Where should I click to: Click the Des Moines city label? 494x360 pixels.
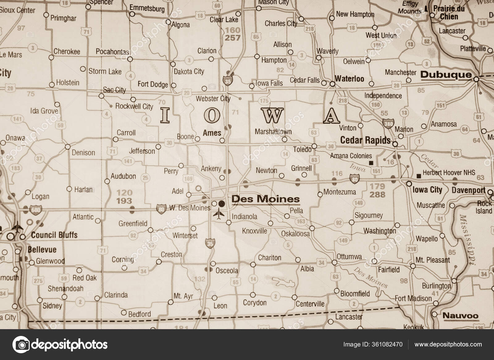coord(266,199)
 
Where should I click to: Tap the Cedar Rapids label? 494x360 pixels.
coord(365,140)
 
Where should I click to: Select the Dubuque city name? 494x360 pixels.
coord(446,74)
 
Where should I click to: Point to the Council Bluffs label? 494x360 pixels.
coord(54,235)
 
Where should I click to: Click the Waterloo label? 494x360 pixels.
coord(350,79)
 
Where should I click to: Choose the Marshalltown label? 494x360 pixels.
coord(273,132)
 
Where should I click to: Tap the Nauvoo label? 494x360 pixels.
coord(460,316)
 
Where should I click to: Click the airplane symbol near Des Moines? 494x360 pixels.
coord(219,213)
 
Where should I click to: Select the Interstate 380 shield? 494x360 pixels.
coord(388,123)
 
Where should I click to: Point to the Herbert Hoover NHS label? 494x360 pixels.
coord(449,173)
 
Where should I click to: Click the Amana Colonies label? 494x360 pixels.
coord(351,156)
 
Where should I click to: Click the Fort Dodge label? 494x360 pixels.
coord(153,85)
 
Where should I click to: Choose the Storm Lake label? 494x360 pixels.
coord(105,71)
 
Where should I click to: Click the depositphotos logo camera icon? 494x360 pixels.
coord(21,344)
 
